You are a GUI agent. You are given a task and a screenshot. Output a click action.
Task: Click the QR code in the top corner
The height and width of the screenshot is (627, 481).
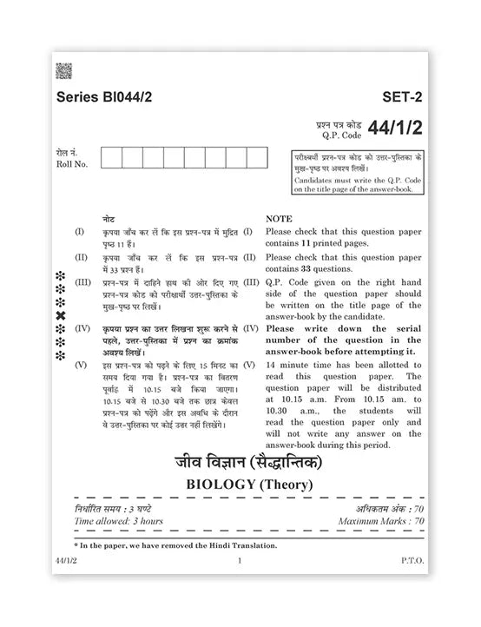pos(63,71)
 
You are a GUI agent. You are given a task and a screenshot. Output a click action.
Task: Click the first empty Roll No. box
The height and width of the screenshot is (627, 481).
pos(111,157)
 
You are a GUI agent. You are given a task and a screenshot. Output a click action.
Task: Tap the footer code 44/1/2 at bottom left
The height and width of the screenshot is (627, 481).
pos(65,562)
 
